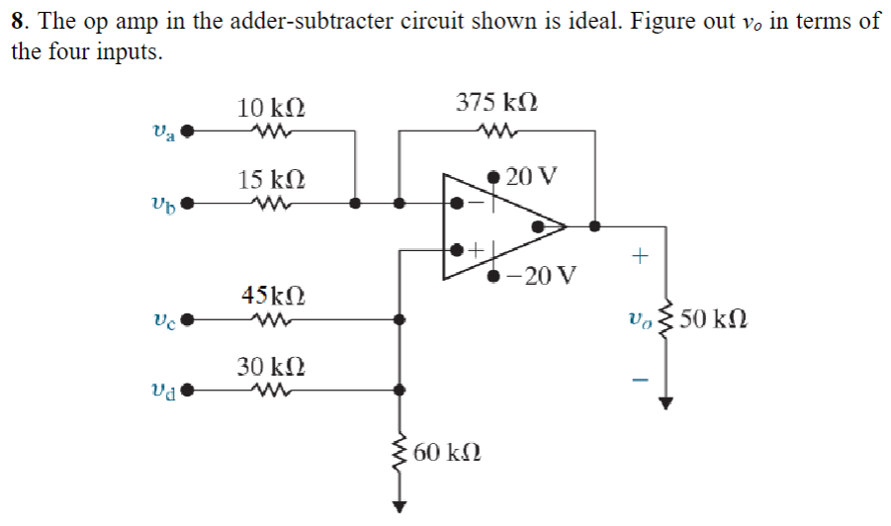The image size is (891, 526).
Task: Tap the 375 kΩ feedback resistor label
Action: coord(496,102)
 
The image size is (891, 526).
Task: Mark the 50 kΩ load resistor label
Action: coord(714,319)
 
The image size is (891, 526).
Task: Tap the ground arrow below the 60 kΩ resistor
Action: coord(400,506)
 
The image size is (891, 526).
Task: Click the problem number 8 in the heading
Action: coord(18,22)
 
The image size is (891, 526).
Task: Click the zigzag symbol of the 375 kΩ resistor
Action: coord(496,131)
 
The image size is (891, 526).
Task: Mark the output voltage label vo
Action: coord(638,319)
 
